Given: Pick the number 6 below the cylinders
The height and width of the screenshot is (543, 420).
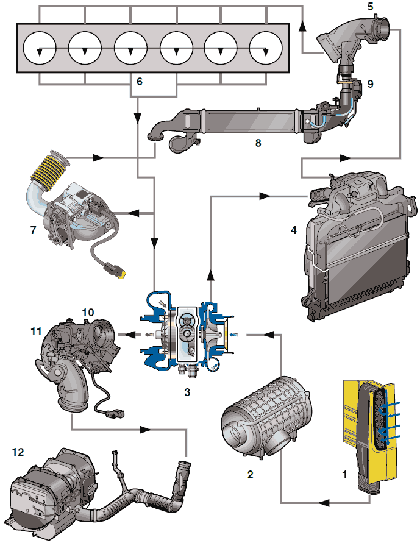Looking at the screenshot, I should [140, 81].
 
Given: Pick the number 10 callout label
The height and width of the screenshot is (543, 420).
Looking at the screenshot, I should [88, 312].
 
